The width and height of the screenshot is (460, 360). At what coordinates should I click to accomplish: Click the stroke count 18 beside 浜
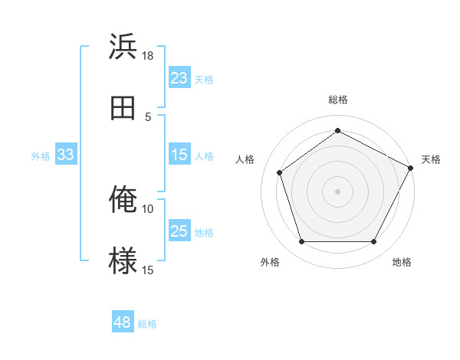(x=148, y=55)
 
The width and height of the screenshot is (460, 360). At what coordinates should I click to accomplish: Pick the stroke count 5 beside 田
(x=148, y=116)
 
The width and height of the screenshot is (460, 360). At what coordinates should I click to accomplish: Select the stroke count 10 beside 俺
(x=148, y=208)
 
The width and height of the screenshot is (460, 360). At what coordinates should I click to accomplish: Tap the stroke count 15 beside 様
(x=148, y=270)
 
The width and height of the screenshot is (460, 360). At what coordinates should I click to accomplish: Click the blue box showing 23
(x=179, y=78)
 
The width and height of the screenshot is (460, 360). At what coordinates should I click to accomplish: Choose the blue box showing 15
(x=179, y=155)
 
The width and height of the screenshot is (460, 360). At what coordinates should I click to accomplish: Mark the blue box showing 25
(x=179, y=231)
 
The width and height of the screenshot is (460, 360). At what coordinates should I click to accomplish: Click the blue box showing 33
(x=66, y=155)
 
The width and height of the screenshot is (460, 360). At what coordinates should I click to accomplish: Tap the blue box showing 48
(x=123, y=322)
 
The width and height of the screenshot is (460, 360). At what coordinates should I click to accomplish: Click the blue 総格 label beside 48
(x=147, y=324)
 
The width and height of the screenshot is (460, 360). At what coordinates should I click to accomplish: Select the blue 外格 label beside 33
(x=41, y=156)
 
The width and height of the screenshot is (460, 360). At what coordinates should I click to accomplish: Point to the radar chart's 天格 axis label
(x=431, y=159)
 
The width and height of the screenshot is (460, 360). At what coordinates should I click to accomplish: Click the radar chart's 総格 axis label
(x=338, y=100)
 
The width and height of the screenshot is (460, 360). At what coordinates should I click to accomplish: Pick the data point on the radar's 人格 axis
(x=280, y=172)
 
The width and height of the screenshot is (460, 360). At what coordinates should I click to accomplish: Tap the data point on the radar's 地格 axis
(x=373, y=242)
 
